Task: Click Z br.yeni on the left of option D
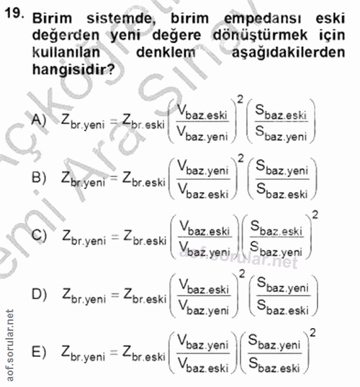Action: tap(84, 294)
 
